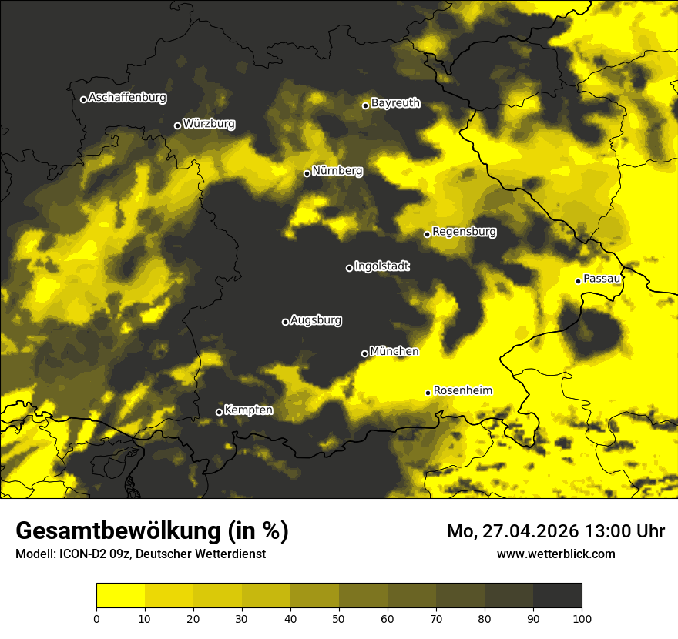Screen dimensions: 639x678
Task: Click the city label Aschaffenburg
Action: [127, 98]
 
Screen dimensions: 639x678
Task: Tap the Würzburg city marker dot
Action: [177, 125]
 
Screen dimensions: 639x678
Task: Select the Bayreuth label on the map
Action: [395, 102]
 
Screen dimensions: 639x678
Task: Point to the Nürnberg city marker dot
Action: [307, 173]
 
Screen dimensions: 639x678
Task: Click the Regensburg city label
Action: [464, 231]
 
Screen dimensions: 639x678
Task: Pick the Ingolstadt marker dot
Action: [349, 268]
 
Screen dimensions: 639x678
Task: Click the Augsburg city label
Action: [316, 319]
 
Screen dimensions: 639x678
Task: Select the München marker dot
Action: [364, 353]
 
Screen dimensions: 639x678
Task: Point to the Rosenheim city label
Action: [462, 390]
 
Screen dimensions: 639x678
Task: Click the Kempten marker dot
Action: [219, 412]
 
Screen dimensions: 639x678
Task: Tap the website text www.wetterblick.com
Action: [555, 554]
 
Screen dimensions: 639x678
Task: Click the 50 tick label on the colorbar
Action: [339, 617]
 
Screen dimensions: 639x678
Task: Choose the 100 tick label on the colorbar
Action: [581, 617]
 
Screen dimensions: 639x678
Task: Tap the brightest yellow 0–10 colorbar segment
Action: [121, 595]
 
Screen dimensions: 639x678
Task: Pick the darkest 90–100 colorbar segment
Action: [557, 595]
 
